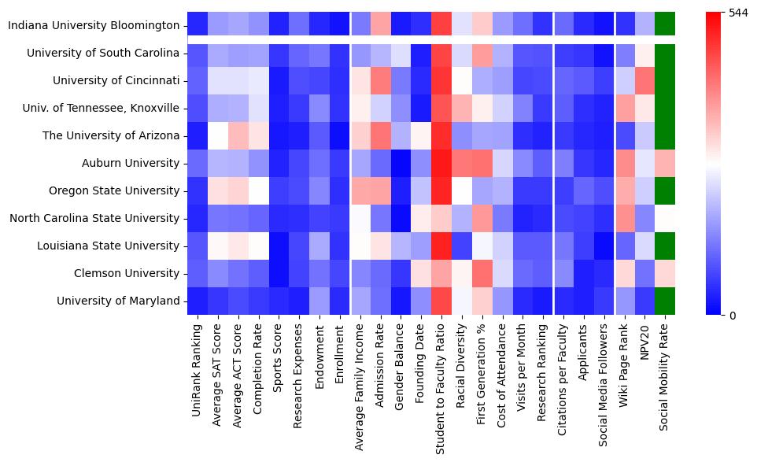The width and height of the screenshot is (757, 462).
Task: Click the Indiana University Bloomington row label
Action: point(94,26)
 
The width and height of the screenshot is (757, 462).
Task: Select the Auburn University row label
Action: point(131,164)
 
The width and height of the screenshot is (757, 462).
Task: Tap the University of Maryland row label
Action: point(119,301)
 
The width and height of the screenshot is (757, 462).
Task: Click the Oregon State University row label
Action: point(115,190)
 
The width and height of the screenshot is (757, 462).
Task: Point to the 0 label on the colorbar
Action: point(733,316)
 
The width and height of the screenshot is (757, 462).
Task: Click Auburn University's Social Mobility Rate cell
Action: point(665,164)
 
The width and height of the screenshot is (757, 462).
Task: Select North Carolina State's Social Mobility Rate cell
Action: point(665,218)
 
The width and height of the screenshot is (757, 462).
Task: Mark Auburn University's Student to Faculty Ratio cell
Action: point(441,164)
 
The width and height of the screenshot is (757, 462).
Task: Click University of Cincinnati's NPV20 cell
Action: point(644,81)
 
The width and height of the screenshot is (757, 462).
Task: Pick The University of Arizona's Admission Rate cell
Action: point(381,136)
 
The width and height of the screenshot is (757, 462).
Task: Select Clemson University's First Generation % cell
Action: point(482,273)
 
